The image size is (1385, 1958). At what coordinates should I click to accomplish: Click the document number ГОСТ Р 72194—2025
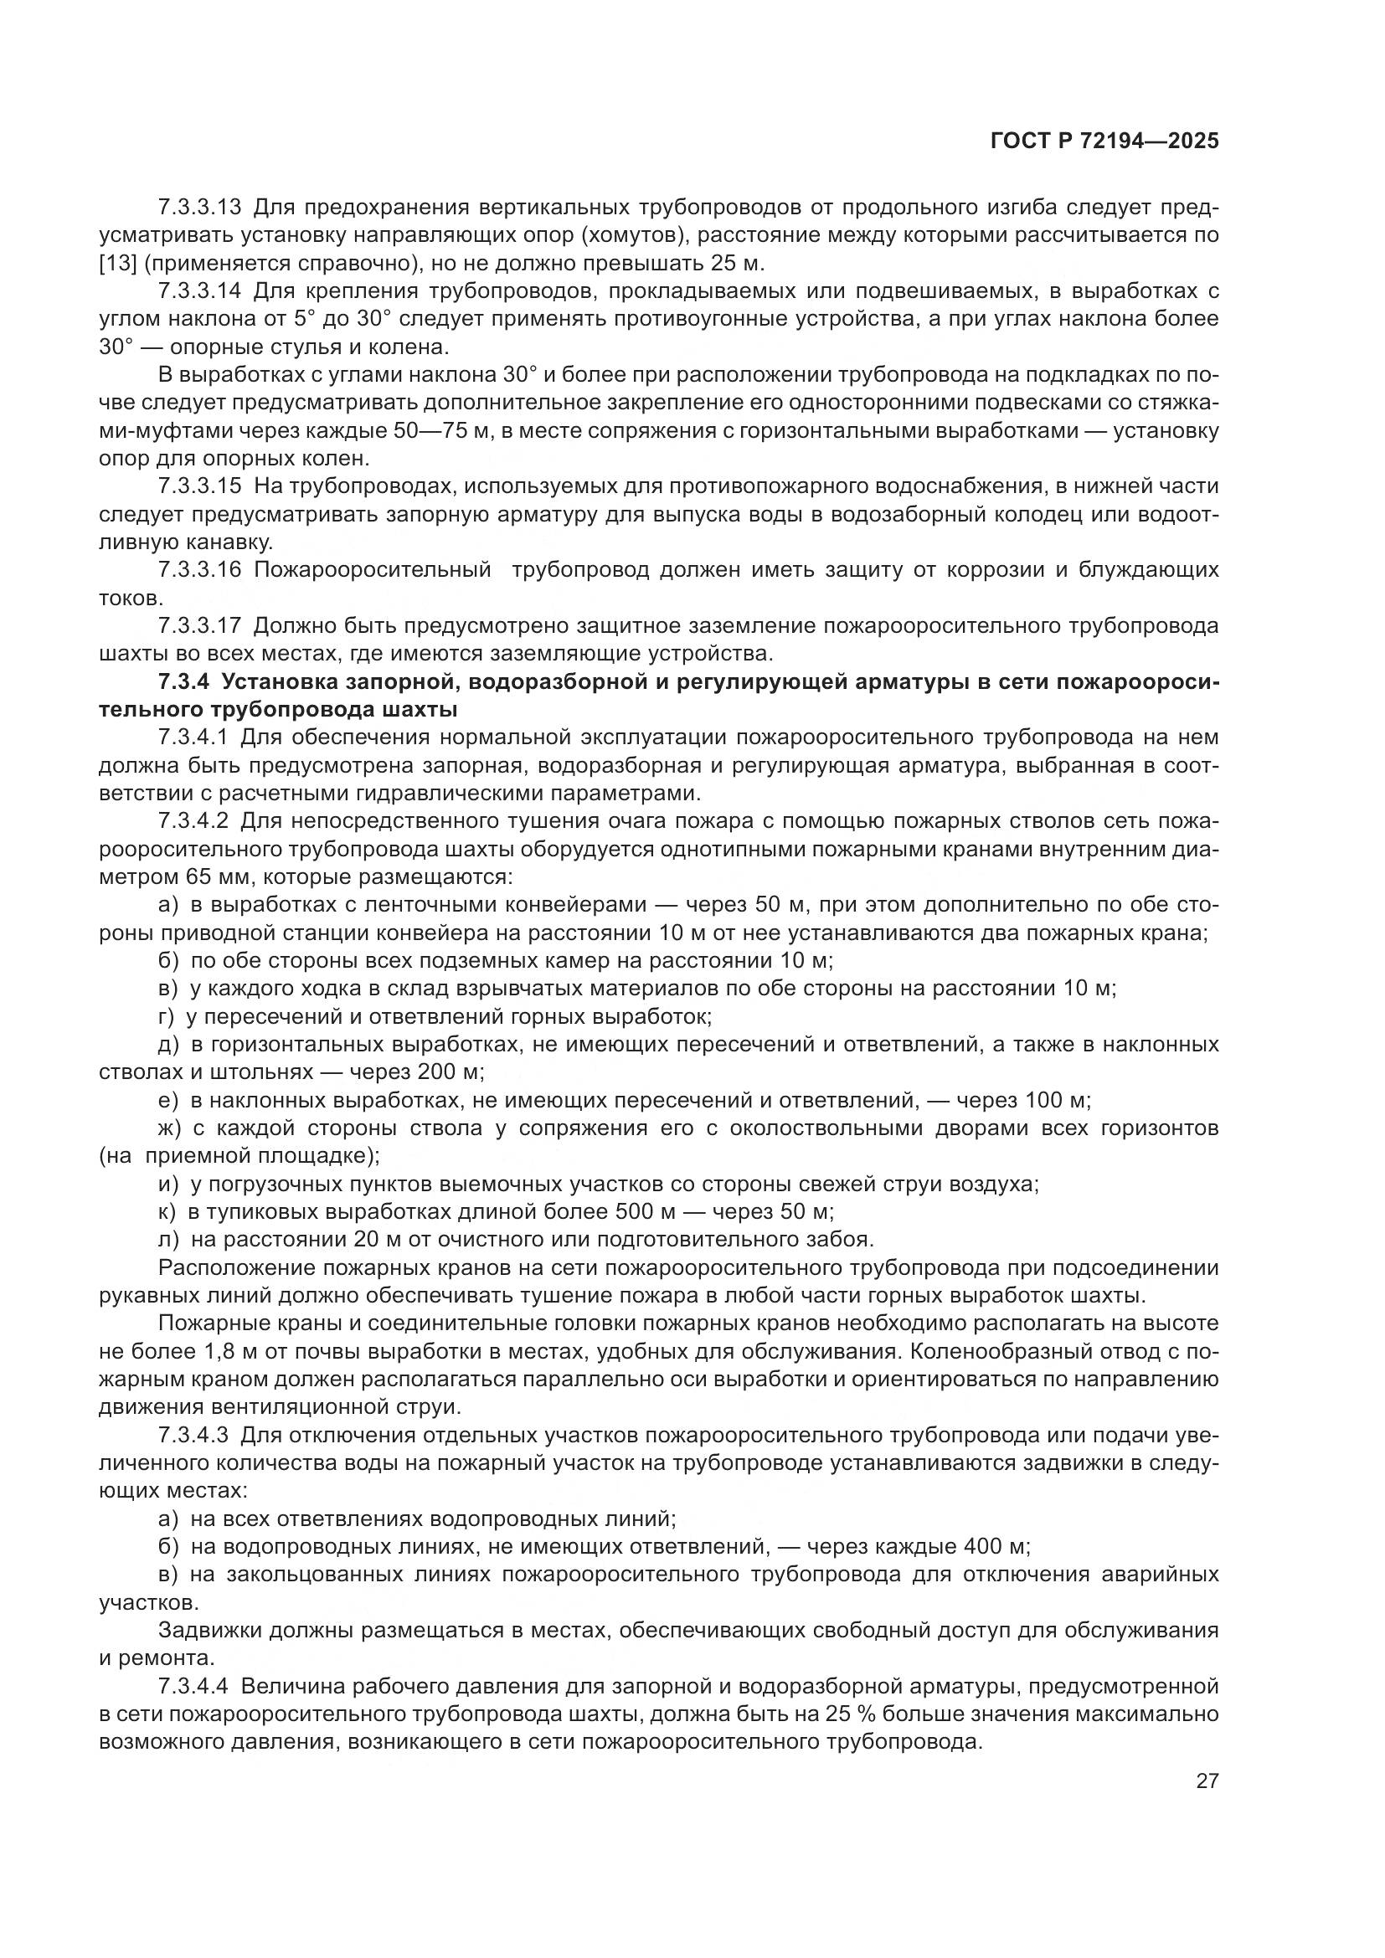(1104, 141)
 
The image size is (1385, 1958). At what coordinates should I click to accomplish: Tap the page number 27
(1207, 1781)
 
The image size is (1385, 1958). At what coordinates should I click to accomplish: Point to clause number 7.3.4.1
(193, 737)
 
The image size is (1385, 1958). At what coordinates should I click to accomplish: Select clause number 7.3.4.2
(193, 821)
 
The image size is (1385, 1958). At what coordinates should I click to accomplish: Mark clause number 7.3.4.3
(193, 1436)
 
